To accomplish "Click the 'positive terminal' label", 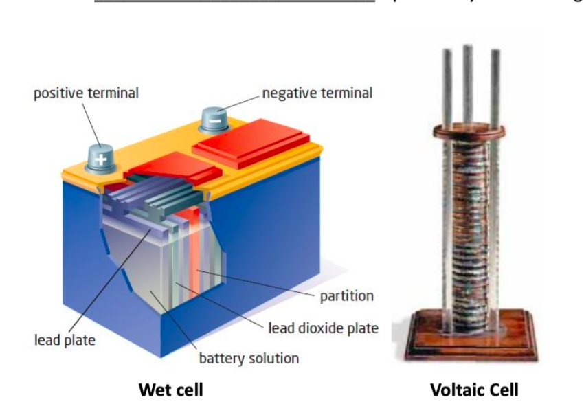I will [86, 93].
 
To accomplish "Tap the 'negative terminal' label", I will [317, 93].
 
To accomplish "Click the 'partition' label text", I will [347, 296].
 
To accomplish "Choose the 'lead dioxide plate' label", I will [323, 328].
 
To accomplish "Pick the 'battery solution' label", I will [249, 358].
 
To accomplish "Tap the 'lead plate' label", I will [65, 340].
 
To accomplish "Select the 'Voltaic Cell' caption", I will [474, 390].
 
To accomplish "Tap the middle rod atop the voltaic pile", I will [467, 82].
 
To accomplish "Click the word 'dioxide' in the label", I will [325, 328].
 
